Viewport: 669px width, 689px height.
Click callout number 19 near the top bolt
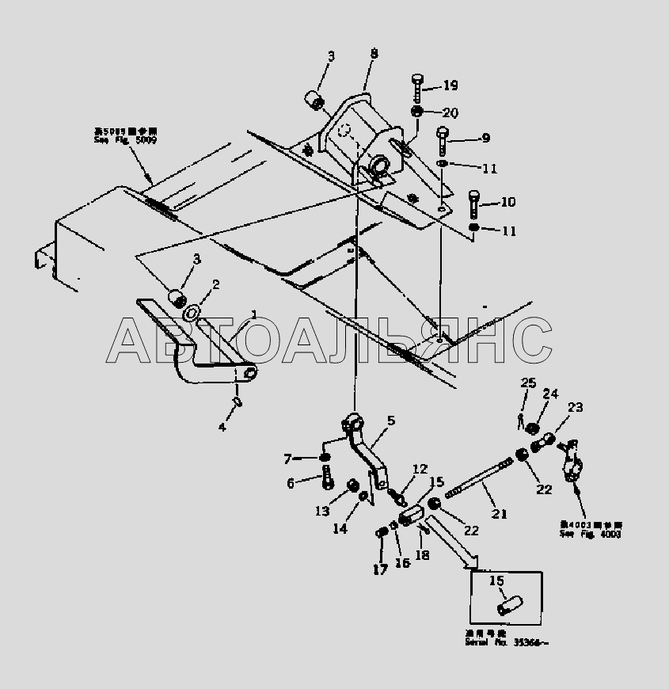[450, 86]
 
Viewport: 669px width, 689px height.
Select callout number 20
[450, 112]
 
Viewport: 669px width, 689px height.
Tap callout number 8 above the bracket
[374, 54]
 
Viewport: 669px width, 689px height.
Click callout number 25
[528, 383]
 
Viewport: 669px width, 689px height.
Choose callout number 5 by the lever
[390, 421]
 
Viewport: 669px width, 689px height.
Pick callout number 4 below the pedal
[222, 427]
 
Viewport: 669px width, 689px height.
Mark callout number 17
[379, 569]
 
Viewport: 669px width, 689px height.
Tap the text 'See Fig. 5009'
[113, 140]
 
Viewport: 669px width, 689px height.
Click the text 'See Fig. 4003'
[590, 535]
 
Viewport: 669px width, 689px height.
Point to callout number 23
[575, 408]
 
